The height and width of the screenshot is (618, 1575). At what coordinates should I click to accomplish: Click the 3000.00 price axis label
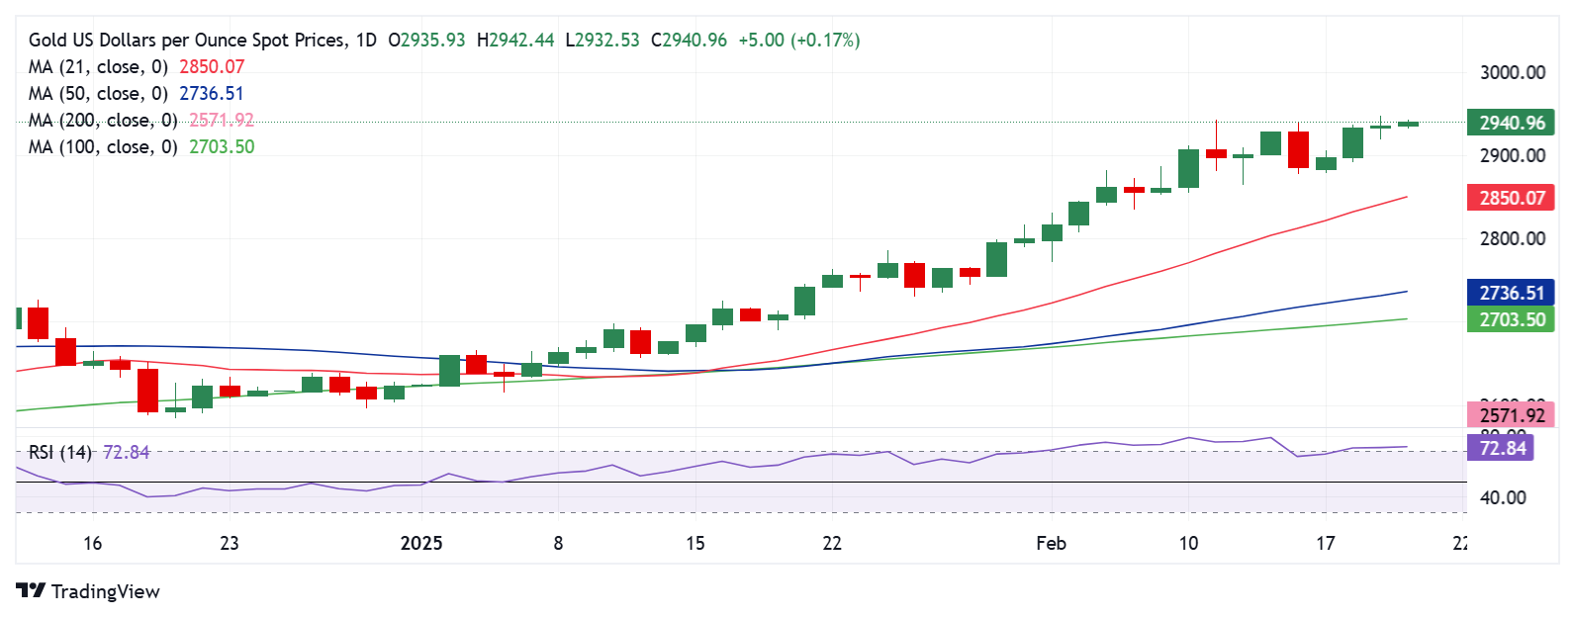1512,72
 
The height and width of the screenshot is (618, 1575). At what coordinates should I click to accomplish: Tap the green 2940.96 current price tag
1512,123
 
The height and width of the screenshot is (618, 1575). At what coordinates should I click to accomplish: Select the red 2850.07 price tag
1512,198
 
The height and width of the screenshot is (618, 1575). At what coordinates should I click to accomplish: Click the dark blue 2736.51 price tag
1512,293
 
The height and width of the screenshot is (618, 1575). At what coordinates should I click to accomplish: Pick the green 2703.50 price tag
1512,319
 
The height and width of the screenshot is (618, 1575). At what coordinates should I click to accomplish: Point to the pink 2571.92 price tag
1512,415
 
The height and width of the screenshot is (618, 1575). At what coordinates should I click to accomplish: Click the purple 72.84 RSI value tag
1502,448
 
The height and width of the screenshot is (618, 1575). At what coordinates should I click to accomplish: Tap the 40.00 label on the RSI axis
1502,497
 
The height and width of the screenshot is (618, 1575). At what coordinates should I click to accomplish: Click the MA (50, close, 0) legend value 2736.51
211,93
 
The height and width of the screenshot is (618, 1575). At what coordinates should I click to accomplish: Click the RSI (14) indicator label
59,452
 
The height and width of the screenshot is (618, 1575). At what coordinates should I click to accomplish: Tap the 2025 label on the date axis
420,543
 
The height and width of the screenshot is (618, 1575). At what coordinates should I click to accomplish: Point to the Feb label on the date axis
1051,543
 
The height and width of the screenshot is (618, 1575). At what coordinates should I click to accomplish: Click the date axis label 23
229,543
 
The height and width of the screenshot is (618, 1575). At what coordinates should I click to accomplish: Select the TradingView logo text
104,591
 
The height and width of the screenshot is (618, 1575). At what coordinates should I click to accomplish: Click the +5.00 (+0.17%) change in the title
798,40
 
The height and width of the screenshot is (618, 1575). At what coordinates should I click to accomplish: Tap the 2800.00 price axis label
1512,238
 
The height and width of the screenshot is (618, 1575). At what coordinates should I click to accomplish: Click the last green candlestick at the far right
1408,124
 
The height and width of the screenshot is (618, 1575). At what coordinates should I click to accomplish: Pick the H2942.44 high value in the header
514,40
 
